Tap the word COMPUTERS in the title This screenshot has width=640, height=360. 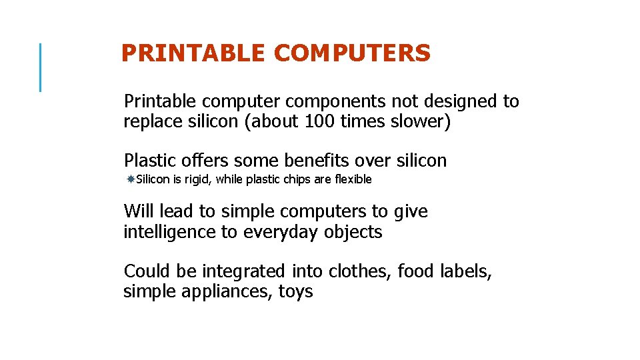pos(352,53)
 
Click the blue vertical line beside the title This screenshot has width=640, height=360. pos(41,67)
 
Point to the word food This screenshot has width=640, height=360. pos(417,271)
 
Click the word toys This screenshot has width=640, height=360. pos(295,292)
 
